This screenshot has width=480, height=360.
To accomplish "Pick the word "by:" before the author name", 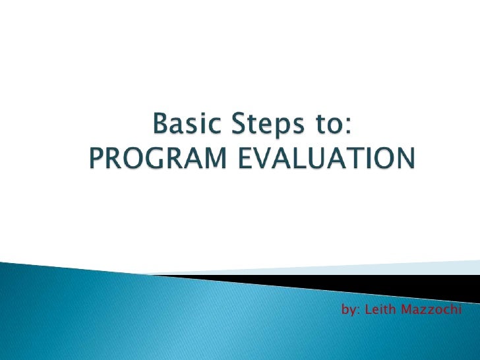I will click(x=350, y=309).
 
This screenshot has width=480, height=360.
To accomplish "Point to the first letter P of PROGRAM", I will click(x=96, y=158).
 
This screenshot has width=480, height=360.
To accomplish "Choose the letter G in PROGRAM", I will click(x=153, y=158).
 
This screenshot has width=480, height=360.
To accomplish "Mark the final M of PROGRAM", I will click(x=210, y=158).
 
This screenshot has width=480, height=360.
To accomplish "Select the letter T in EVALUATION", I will click(x=345, y=158).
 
